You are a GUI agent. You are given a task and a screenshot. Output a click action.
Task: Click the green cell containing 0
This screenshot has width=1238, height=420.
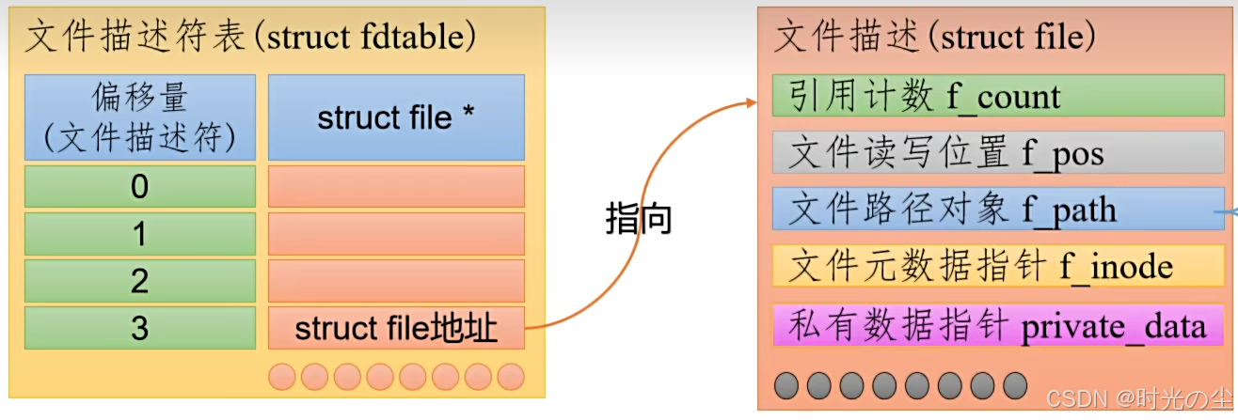click(x=139, y=187)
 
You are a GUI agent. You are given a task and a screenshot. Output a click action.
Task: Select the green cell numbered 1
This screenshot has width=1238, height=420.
click(x=139, y=234)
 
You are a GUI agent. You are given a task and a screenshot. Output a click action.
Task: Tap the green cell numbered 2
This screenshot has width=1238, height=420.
click(x=139, y=281)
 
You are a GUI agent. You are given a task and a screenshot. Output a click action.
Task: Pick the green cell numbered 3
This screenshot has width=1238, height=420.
click(x=139, y=328)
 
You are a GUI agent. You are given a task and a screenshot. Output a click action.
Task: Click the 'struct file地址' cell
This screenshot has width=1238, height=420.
click(x=396, y=328)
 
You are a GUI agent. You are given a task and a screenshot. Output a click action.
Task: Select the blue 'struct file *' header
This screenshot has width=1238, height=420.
click(x=396, y=117)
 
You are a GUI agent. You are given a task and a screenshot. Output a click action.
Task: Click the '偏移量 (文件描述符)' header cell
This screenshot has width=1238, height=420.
click(x=139, y=117)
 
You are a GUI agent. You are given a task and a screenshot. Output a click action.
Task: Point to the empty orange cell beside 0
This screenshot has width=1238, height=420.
click(x=396, y=187)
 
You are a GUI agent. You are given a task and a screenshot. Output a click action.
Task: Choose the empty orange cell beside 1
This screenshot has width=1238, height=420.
click(x=396, y=234)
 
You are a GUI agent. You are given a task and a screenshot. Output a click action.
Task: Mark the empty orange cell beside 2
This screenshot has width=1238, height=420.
click(x=396, y=281)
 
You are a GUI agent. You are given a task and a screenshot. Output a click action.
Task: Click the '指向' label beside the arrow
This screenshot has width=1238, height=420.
click(x=638, y=219)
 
